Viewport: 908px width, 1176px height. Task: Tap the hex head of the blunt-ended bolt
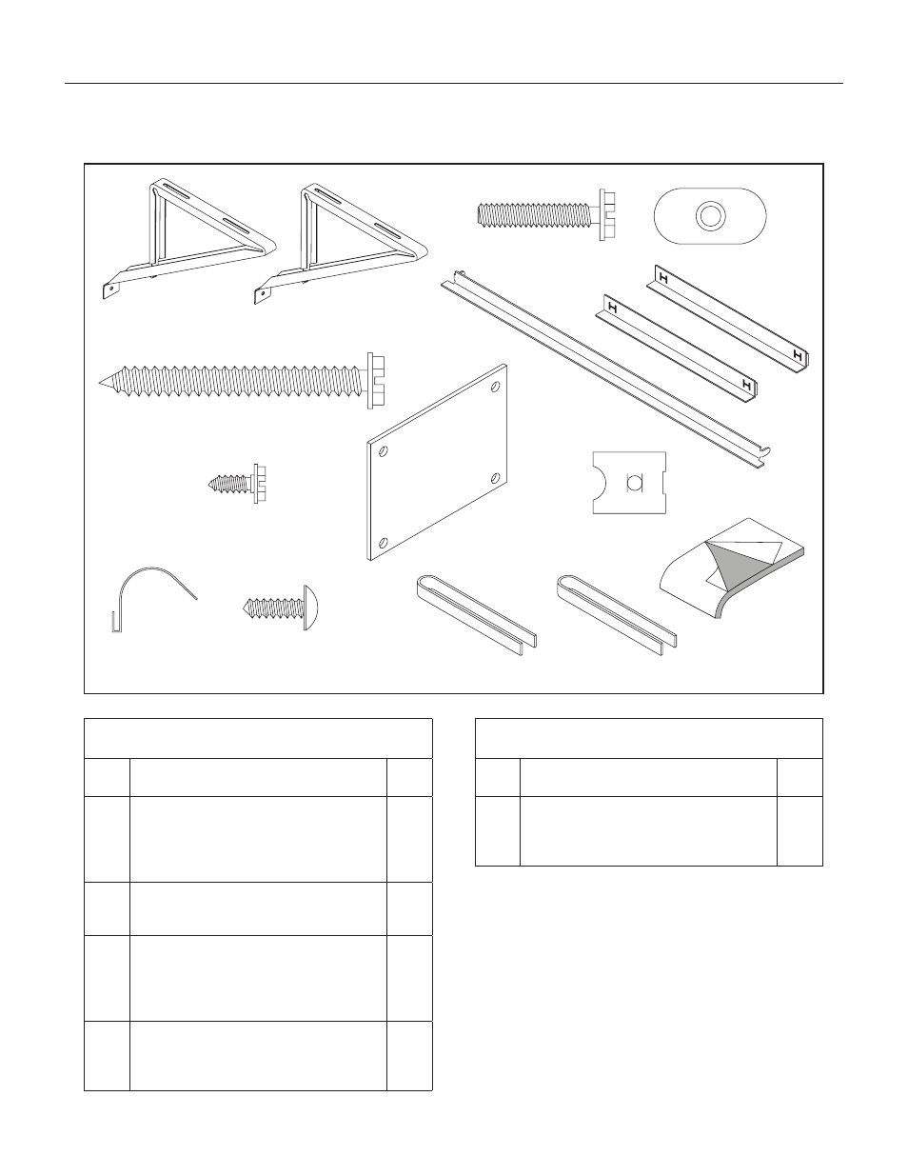[607, 215]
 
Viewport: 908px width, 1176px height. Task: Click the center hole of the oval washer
[710, 215]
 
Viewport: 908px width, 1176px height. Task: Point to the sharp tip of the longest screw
[100, 383]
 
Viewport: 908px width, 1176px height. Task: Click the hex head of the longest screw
[376, 381]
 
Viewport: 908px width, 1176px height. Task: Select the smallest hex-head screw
[237, 484]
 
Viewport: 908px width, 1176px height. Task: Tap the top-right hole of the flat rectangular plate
[495, 387]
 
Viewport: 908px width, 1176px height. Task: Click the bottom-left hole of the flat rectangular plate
[384, 542]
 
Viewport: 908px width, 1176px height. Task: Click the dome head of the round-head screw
[310, 608]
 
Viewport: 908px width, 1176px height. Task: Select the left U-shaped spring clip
[476, 615]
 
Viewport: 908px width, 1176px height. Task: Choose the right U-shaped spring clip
[617, 615]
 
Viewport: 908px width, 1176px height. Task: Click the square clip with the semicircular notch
[629, 483]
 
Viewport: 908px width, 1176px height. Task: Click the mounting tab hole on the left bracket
[110, 289]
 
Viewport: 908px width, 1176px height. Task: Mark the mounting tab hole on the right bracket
[263, 294]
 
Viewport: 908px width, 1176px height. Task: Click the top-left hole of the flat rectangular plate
[384, 450]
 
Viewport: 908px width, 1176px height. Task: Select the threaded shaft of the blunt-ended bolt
[538, 215]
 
